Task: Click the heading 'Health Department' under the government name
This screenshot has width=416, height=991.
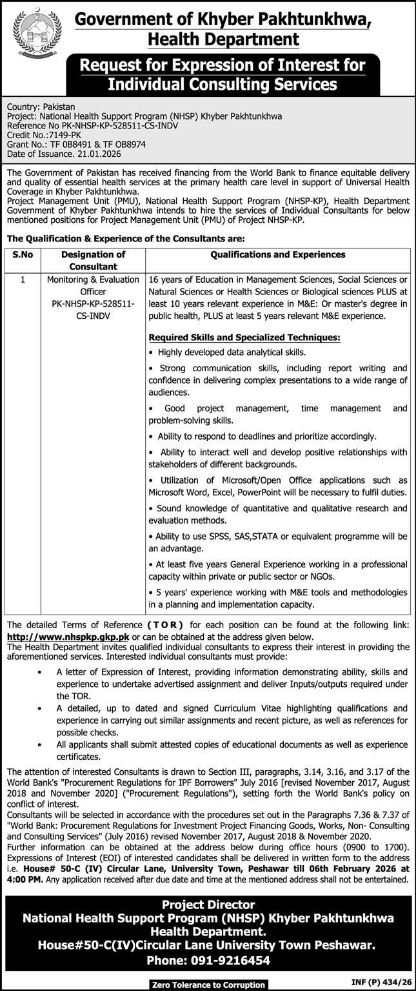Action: [223, 40]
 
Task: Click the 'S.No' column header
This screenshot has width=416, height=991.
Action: [23, 255]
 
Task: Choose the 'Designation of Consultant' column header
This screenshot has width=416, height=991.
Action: [93, 260]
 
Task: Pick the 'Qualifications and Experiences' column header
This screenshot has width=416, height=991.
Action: [277, 255]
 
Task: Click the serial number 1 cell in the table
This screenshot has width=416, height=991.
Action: [23, 280]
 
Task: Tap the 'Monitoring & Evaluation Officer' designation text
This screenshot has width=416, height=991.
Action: [93, 285]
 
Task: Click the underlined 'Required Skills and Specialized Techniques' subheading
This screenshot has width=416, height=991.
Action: [244, 337]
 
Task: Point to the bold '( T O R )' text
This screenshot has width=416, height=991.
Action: [165, 625]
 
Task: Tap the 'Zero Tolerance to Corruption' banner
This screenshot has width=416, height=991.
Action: [208, 985]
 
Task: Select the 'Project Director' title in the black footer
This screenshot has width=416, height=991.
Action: [208, 904]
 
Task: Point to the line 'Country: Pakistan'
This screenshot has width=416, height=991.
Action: [41, 106]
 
